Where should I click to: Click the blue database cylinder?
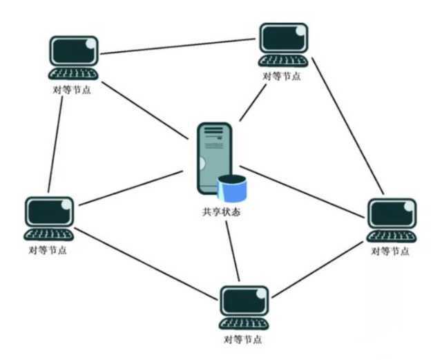pyautogui.click(x=232, y=188)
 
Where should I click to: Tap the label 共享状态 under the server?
pyautogui.click(x=221, y=212)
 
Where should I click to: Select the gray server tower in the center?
pyautogui.click(x=215, y=158)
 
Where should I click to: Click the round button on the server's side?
pyautogui.click(x=201, y=164)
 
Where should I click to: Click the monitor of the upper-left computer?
pyautogui.click(x=74, y=51)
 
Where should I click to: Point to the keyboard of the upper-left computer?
pyautogui.click(x=73, y=74)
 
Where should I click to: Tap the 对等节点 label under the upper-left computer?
pyautogui.click(x=72, y=90)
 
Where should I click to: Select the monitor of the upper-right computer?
pyautogui.click(x=284, y=38)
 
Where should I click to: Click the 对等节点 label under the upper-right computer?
pyautogui.click(x=282, y=77)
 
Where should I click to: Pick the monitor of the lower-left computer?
pyautogui.click(x=49, y=212)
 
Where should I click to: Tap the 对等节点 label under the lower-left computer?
pyautogui.click(x=48, y=250)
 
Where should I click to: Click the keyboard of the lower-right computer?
pyautogui.click(x=392, y=236)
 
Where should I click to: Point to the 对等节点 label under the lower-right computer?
pyautogui.click(x=390, y=251)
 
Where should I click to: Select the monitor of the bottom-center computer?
pyautogui.click(x=244, y=301)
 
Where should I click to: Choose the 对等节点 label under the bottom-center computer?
pyautogui.click(x=242, y=339)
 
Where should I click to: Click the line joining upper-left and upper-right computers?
pyautogui.click(x=177, y=46)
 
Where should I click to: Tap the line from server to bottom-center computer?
pyautogui.click(x=233, y=251)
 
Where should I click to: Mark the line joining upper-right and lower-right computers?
pyautogui.click(x=348, y=126)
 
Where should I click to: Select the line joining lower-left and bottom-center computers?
pyautogui.click(x=145, y=264)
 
